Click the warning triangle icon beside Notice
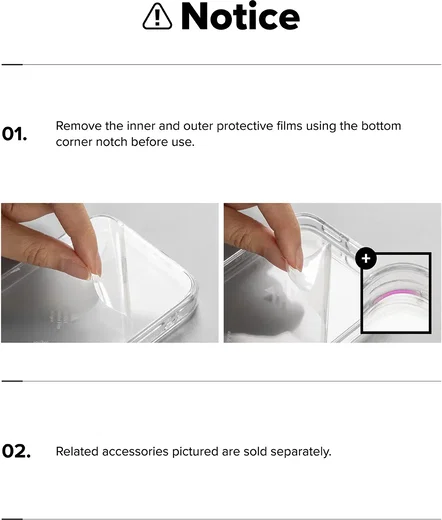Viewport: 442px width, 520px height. (157, 16)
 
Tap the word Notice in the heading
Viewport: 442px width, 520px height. (240, 16)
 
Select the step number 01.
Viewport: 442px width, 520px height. (14, 134)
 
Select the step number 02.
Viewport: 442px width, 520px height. (16, 451)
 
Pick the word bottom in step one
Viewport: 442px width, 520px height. (381, 126)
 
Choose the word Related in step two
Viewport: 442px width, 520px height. (77, 452)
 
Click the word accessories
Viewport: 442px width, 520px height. (135, 452)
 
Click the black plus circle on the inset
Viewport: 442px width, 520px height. (366, 258)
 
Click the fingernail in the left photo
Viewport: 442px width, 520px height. (95, 270)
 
